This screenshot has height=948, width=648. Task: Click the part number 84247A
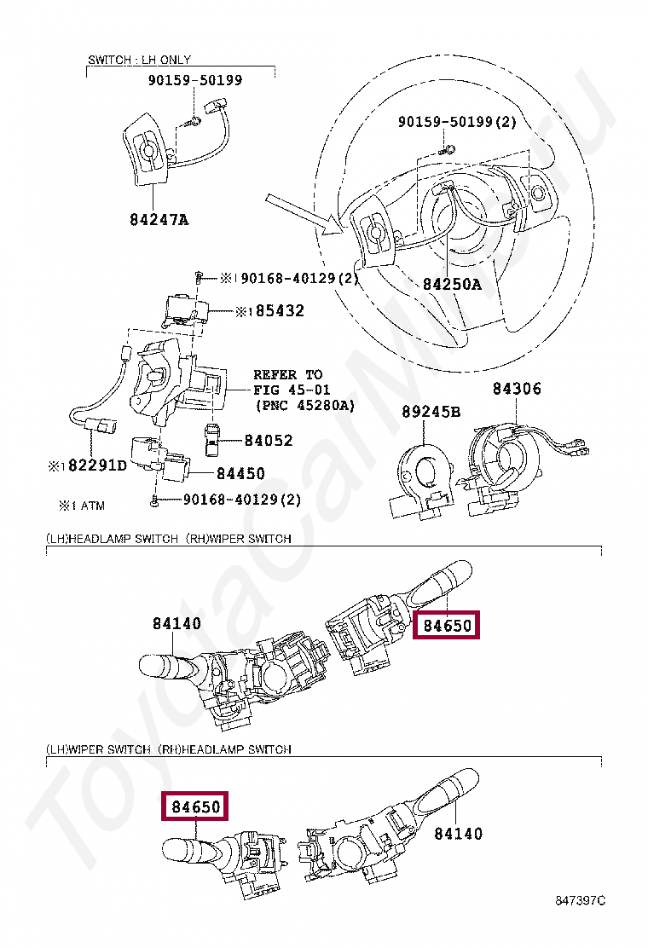(159, 219)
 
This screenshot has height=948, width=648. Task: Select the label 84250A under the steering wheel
(452, 284)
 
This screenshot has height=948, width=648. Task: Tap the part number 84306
(517, 390)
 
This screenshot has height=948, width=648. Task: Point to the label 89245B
(431, 413)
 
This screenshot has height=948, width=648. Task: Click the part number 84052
(268, 441)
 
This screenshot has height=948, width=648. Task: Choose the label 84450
(240, 473)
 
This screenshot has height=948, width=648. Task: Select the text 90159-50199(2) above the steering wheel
(457, 123)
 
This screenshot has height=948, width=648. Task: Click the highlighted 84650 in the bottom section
(196, 806)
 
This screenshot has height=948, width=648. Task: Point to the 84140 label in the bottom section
(458, 834)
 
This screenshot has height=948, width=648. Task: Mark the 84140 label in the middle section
(177, 624)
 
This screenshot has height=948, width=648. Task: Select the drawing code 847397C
(580, 900)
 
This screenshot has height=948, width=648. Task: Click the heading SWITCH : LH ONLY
(140, 60)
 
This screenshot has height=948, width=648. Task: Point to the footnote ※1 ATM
(82, 506)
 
